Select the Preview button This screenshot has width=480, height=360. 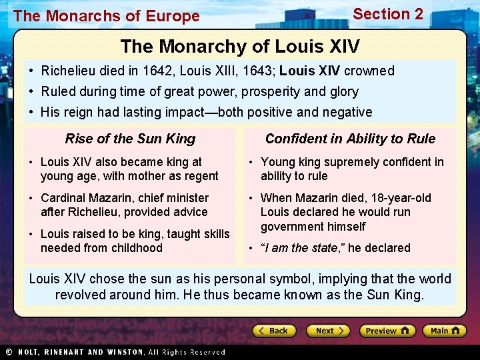(x=387, y=331)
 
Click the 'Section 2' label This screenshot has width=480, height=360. (x=388, y=14)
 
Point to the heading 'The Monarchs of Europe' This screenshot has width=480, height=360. (x=106, y=16)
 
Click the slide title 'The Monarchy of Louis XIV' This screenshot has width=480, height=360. (x=240, y=47)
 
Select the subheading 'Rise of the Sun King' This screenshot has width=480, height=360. (x=130, y=139)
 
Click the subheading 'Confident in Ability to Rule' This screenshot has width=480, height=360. (x=350, y=139)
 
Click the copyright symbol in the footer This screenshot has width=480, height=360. (x=9, y=352)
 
